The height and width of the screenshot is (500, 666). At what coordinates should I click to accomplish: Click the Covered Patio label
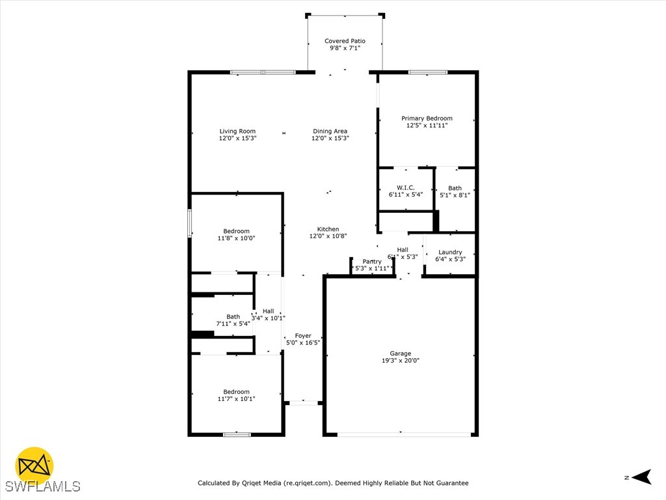345,41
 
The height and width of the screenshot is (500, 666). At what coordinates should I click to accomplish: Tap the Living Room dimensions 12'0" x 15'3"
237,138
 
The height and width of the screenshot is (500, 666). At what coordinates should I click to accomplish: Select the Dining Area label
330,132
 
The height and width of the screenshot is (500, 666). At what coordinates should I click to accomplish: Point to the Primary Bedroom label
427,118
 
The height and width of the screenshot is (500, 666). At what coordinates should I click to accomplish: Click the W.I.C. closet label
406,187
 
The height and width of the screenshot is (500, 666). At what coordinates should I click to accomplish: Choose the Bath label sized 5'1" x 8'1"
455,188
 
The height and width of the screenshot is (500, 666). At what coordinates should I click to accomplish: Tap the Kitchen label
328,229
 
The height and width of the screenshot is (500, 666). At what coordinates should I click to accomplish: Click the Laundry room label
450,252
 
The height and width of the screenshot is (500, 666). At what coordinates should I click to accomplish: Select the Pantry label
372,262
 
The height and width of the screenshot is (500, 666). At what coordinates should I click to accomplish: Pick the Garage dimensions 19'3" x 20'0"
401,360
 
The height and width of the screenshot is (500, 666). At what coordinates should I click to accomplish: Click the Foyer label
303,336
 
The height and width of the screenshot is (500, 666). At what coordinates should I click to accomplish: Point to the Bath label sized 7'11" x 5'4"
233,317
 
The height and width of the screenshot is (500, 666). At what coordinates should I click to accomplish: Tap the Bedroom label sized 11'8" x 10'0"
236,231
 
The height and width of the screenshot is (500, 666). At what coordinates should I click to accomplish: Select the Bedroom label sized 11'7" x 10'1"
236,392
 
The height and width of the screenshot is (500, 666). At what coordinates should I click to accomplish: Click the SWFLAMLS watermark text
43,486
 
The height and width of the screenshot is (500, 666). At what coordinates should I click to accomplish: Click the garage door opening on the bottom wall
401,434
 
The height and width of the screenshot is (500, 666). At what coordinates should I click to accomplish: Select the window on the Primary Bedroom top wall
427,72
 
